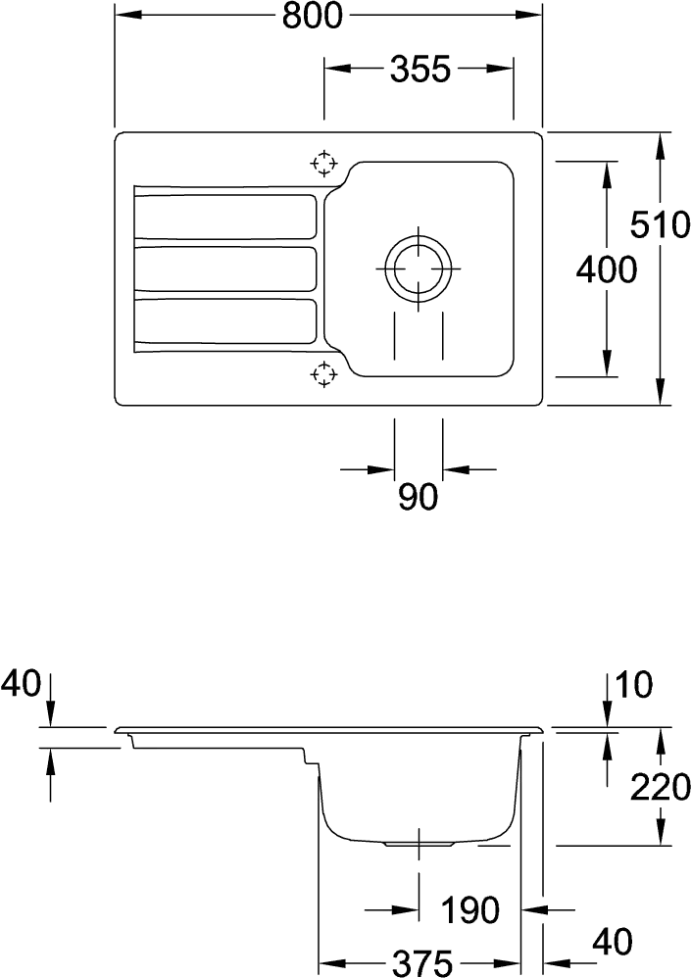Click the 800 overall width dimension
click(312, 16)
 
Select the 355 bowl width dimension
click(420, 69)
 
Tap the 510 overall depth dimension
click(660, 224)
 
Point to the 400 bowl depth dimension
click(606, 270)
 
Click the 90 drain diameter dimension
click(418, 497)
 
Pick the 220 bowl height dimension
click(660, 787)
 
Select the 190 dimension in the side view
click(470, 910)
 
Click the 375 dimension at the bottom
click(421, 963)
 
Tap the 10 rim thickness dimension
click(633, 684)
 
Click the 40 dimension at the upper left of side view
click(21, 683)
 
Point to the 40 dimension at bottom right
click(612, 941)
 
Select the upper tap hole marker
click(323, 164)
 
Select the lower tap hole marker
click(323, 373)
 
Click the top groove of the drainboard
click(225, 216)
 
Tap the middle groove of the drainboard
click(225, 269)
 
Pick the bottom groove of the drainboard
click(225, 321)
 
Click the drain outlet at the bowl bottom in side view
click(418, 844)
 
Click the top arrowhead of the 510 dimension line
click(661, 144)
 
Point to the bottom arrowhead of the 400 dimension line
click(606, 365)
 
